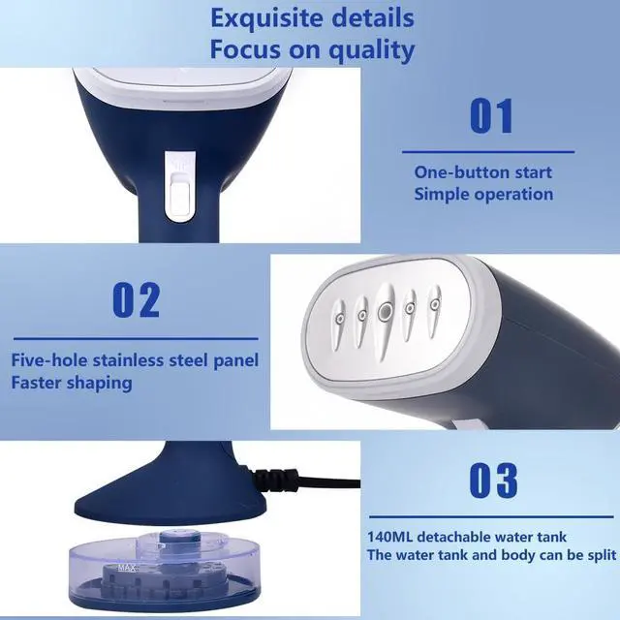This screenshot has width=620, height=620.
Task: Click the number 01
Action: coord(491,115)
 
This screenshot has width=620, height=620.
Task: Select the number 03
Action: coord(493,481)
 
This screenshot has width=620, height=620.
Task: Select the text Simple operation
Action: coord(483,193)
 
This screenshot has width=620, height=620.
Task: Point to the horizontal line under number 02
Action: coord(135,338)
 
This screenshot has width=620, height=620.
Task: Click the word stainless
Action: coord(130,360)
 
